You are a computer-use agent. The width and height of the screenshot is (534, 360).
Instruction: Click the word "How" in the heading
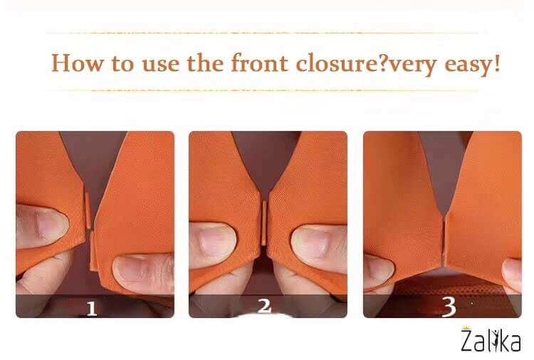pos(77,63)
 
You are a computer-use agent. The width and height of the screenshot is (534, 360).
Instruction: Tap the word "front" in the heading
pos(259,63)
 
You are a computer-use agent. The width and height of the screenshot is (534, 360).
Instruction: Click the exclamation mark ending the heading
pos(497,63)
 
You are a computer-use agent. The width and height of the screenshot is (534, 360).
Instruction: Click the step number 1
pos(91,309)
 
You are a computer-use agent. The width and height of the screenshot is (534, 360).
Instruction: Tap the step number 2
pos(264,306)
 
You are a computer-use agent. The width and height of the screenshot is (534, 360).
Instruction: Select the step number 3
pos(449,307)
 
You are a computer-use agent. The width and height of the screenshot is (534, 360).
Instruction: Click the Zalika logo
pos(491,339)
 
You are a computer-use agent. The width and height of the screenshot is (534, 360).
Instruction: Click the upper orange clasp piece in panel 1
pos(88,211)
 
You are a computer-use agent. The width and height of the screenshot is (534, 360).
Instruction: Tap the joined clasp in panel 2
pos(264,223)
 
